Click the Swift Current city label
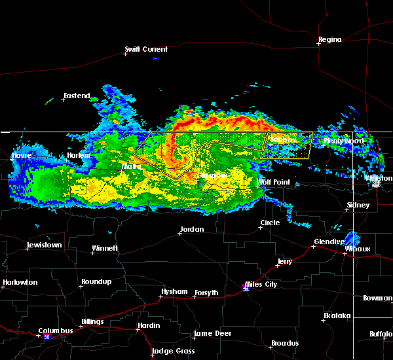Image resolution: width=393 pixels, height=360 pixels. coord(147,49)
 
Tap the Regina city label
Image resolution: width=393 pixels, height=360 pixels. coord(330,40)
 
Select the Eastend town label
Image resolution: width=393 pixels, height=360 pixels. coord(77,96)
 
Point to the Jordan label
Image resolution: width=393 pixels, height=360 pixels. coord(192,230)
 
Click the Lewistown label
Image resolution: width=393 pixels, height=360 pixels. coord(44,245)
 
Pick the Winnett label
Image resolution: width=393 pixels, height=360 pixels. coord(105,249)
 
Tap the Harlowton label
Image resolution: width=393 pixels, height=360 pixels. coord(20,283)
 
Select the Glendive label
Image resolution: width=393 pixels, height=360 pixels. coord(329,242)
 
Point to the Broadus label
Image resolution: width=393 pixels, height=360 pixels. coord(285,344)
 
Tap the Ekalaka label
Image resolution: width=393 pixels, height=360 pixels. coord(338,316)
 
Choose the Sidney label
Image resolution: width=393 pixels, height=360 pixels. coord(358,206)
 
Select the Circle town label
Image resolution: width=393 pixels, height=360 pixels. coord(270,223)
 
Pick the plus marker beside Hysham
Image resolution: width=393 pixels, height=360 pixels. coord(161,296)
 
